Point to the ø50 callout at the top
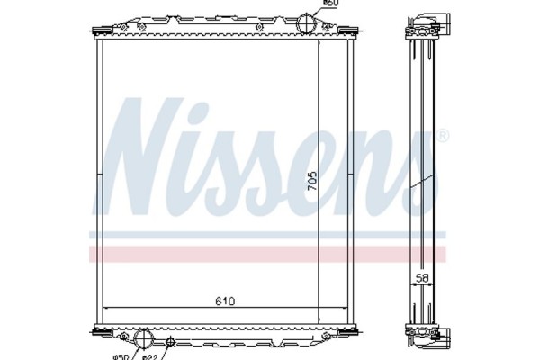(x=331, y=4)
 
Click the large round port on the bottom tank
(x=144, y=340)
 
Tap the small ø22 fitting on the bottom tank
(x=170, y=341)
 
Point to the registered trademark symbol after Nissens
(x=442, y=136)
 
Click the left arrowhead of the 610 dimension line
(x=108, y=308)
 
